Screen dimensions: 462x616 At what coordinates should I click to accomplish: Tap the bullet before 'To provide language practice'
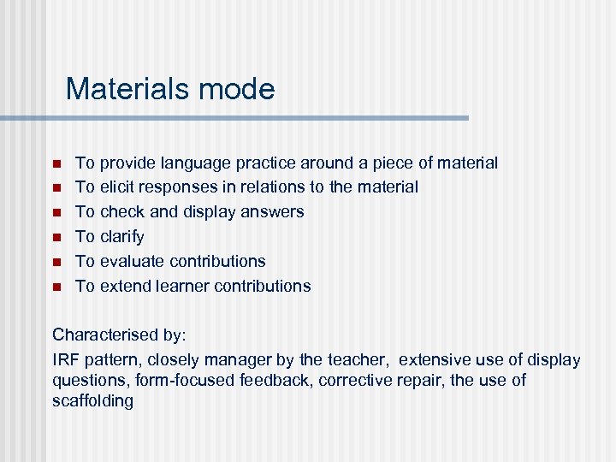(56, 163)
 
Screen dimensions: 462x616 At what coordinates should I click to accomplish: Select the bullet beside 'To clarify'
(56, 237)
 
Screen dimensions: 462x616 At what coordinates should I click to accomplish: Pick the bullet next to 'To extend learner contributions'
(56, 287)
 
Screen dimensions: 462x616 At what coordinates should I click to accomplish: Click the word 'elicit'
(120, 187)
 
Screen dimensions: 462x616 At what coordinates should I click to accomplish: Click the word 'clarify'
(122, 237)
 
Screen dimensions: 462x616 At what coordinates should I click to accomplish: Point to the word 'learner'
(185, 287)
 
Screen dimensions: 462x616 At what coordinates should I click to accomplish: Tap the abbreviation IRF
(65, 360)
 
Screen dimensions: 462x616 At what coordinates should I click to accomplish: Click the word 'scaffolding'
(93, 400)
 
